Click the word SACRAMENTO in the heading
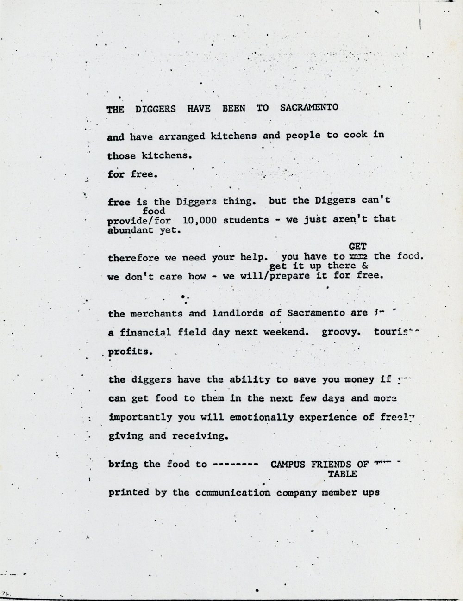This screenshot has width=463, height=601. [309, 108]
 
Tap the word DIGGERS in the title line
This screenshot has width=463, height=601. [156, 109]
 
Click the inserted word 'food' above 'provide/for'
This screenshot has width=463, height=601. [154, 211]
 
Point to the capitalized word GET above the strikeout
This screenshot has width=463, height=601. [357, 247]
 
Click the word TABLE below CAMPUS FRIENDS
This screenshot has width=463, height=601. [342, 474]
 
